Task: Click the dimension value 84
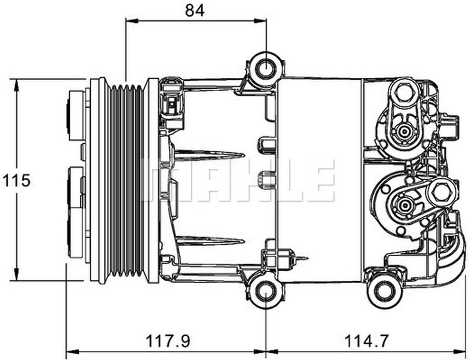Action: point(194,10)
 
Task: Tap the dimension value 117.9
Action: point(168,340)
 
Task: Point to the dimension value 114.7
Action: point(366,340)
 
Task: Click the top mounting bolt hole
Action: point(266,68)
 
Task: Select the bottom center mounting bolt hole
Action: point(266,292)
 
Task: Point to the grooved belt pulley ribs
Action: point(127,181)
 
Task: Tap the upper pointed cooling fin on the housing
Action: point(210,154)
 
